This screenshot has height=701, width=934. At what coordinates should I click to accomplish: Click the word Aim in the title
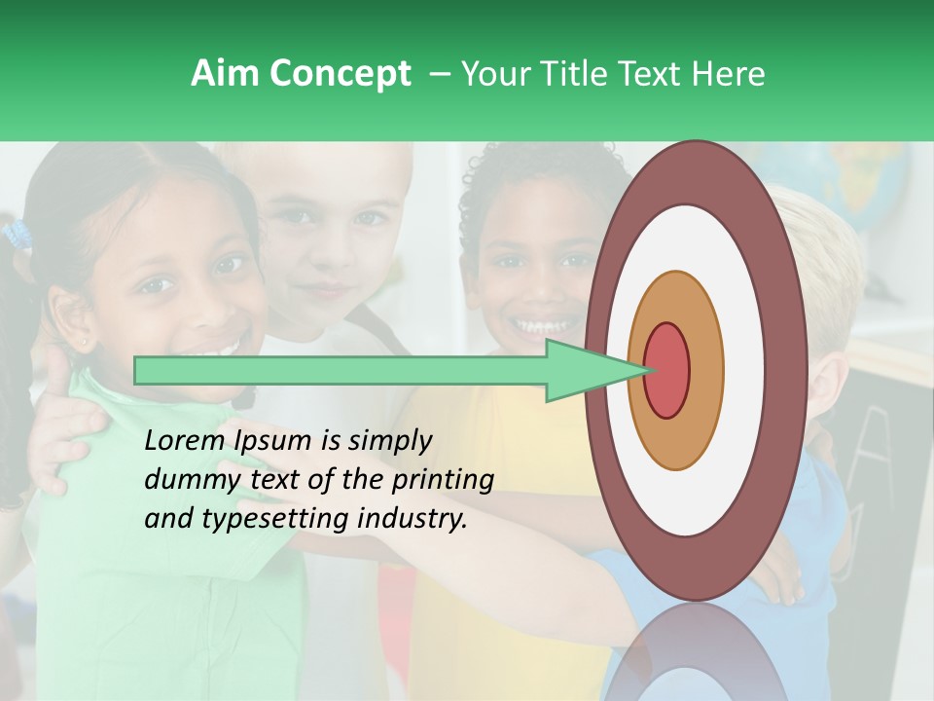[x=226, y=74]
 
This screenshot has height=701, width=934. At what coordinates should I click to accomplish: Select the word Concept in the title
[x=340, y=75]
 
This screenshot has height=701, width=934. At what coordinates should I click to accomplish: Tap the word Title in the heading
[x=578, y=74]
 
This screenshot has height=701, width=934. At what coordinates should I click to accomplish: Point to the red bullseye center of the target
[x=666, y=371]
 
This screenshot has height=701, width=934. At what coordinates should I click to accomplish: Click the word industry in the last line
[x=408, y=519]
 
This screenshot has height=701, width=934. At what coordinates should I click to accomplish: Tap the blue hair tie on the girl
[x=17, y=235]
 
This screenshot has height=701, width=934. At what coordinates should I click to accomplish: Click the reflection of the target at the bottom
[x=696, y=652]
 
